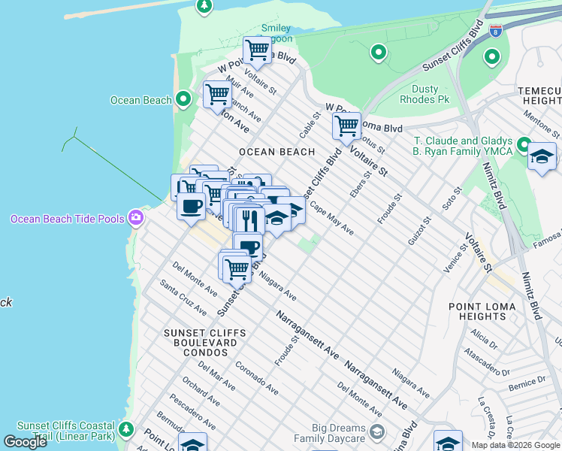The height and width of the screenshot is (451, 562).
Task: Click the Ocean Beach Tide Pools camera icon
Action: pyautogui.click(x=136, y=218)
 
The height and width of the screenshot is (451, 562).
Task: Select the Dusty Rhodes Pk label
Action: pyautogui.click(x=425, y=94)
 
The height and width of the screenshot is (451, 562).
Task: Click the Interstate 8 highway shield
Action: pyautogui.click(x=495, y=31)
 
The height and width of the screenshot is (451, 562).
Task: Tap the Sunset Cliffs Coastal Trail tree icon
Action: pyautogui.click(x=126, y=429)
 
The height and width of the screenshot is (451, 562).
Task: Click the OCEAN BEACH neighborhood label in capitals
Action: pyautogui.click(x=276, y=152)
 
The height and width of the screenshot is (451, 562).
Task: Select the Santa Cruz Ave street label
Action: pyautogui.click(x=184, y=298)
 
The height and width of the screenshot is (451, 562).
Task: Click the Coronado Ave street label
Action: pyautogui.click(x=257, y=379)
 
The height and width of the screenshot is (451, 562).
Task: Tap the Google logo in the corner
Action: pyautogui.click(x=25, y=442)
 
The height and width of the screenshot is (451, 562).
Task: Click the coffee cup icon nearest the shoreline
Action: pyautogui.click(x=191, y=205)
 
